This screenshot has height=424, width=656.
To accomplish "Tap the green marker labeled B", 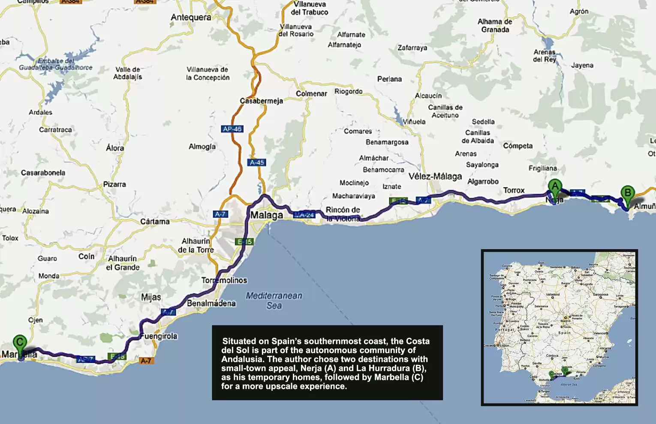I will click(628, 193).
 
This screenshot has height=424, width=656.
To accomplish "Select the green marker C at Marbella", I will click(20, 342).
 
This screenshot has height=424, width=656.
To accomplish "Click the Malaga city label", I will click(267, 215).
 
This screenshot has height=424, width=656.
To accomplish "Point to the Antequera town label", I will click(191, 18).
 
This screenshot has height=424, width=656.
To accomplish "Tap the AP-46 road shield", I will click(232, 129).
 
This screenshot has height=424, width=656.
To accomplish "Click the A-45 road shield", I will click(257, 162).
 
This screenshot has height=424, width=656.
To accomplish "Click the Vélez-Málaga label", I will click(435, 176).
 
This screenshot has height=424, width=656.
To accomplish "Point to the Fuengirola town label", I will click(159, 336).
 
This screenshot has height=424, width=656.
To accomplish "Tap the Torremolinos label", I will click(224, 281).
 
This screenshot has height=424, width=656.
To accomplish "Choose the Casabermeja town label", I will click(261, 101).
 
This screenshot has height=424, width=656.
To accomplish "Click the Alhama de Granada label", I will click(495, 26).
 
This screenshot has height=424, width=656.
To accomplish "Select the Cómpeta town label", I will click(518, 146).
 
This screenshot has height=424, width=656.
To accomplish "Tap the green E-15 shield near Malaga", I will click(245, 242).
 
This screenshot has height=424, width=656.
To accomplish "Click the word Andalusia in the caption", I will click(243, 359).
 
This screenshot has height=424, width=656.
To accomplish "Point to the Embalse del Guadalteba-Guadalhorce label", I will click(55, 64).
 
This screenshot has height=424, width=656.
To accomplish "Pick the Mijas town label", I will click(151, 297).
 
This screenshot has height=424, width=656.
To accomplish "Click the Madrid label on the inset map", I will click(566, 321).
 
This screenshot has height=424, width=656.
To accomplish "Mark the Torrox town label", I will click(514, 191).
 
